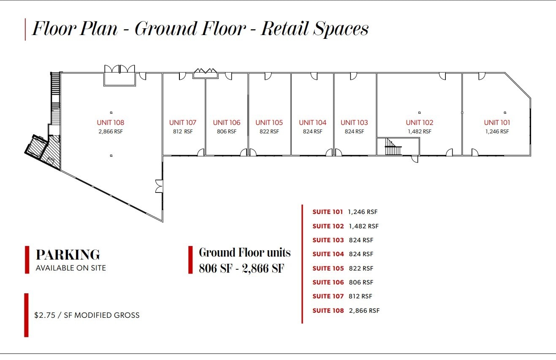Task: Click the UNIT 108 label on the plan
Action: tap(111, 123)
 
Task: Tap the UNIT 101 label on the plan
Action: tap(497, 123)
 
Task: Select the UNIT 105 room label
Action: tap(269, 123)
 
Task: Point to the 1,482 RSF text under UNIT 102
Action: tap(419, 132)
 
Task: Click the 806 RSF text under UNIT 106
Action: tap(227, 132)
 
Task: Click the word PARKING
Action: tap(68, 255)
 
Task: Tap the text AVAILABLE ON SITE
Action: tap(71, 268)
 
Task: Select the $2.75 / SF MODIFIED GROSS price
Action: tap(87, 315)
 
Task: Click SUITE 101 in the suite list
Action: tap(328, 212)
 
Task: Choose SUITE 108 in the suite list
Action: tap(328, 311)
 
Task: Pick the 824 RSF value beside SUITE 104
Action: tap(361, 254)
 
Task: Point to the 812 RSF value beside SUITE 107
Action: tap(361, 296)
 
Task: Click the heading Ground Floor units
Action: tap(245, 253)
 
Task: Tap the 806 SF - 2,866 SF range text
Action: tap(241, 268)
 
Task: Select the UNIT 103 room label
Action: tap(354, 123)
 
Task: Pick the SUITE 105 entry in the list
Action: tap(328, 268)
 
